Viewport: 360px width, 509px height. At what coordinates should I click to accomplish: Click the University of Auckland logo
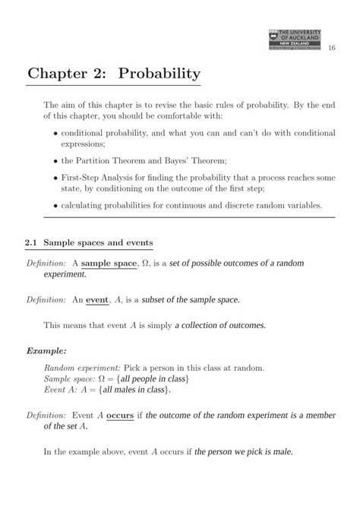coord(295,40)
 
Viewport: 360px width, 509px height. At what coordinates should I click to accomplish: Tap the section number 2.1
coord(31,242)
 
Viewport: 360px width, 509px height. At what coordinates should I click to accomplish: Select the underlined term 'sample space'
coord(109,263)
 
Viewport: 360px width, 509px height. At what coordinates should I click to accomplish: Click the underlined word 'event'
coord(97,299)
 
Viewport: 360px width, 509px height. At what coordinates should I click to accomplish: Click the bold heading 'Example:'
coord(46,352)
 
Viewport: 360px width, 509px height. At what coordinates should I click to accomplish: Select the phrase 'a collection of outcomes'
coord(220,325)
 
